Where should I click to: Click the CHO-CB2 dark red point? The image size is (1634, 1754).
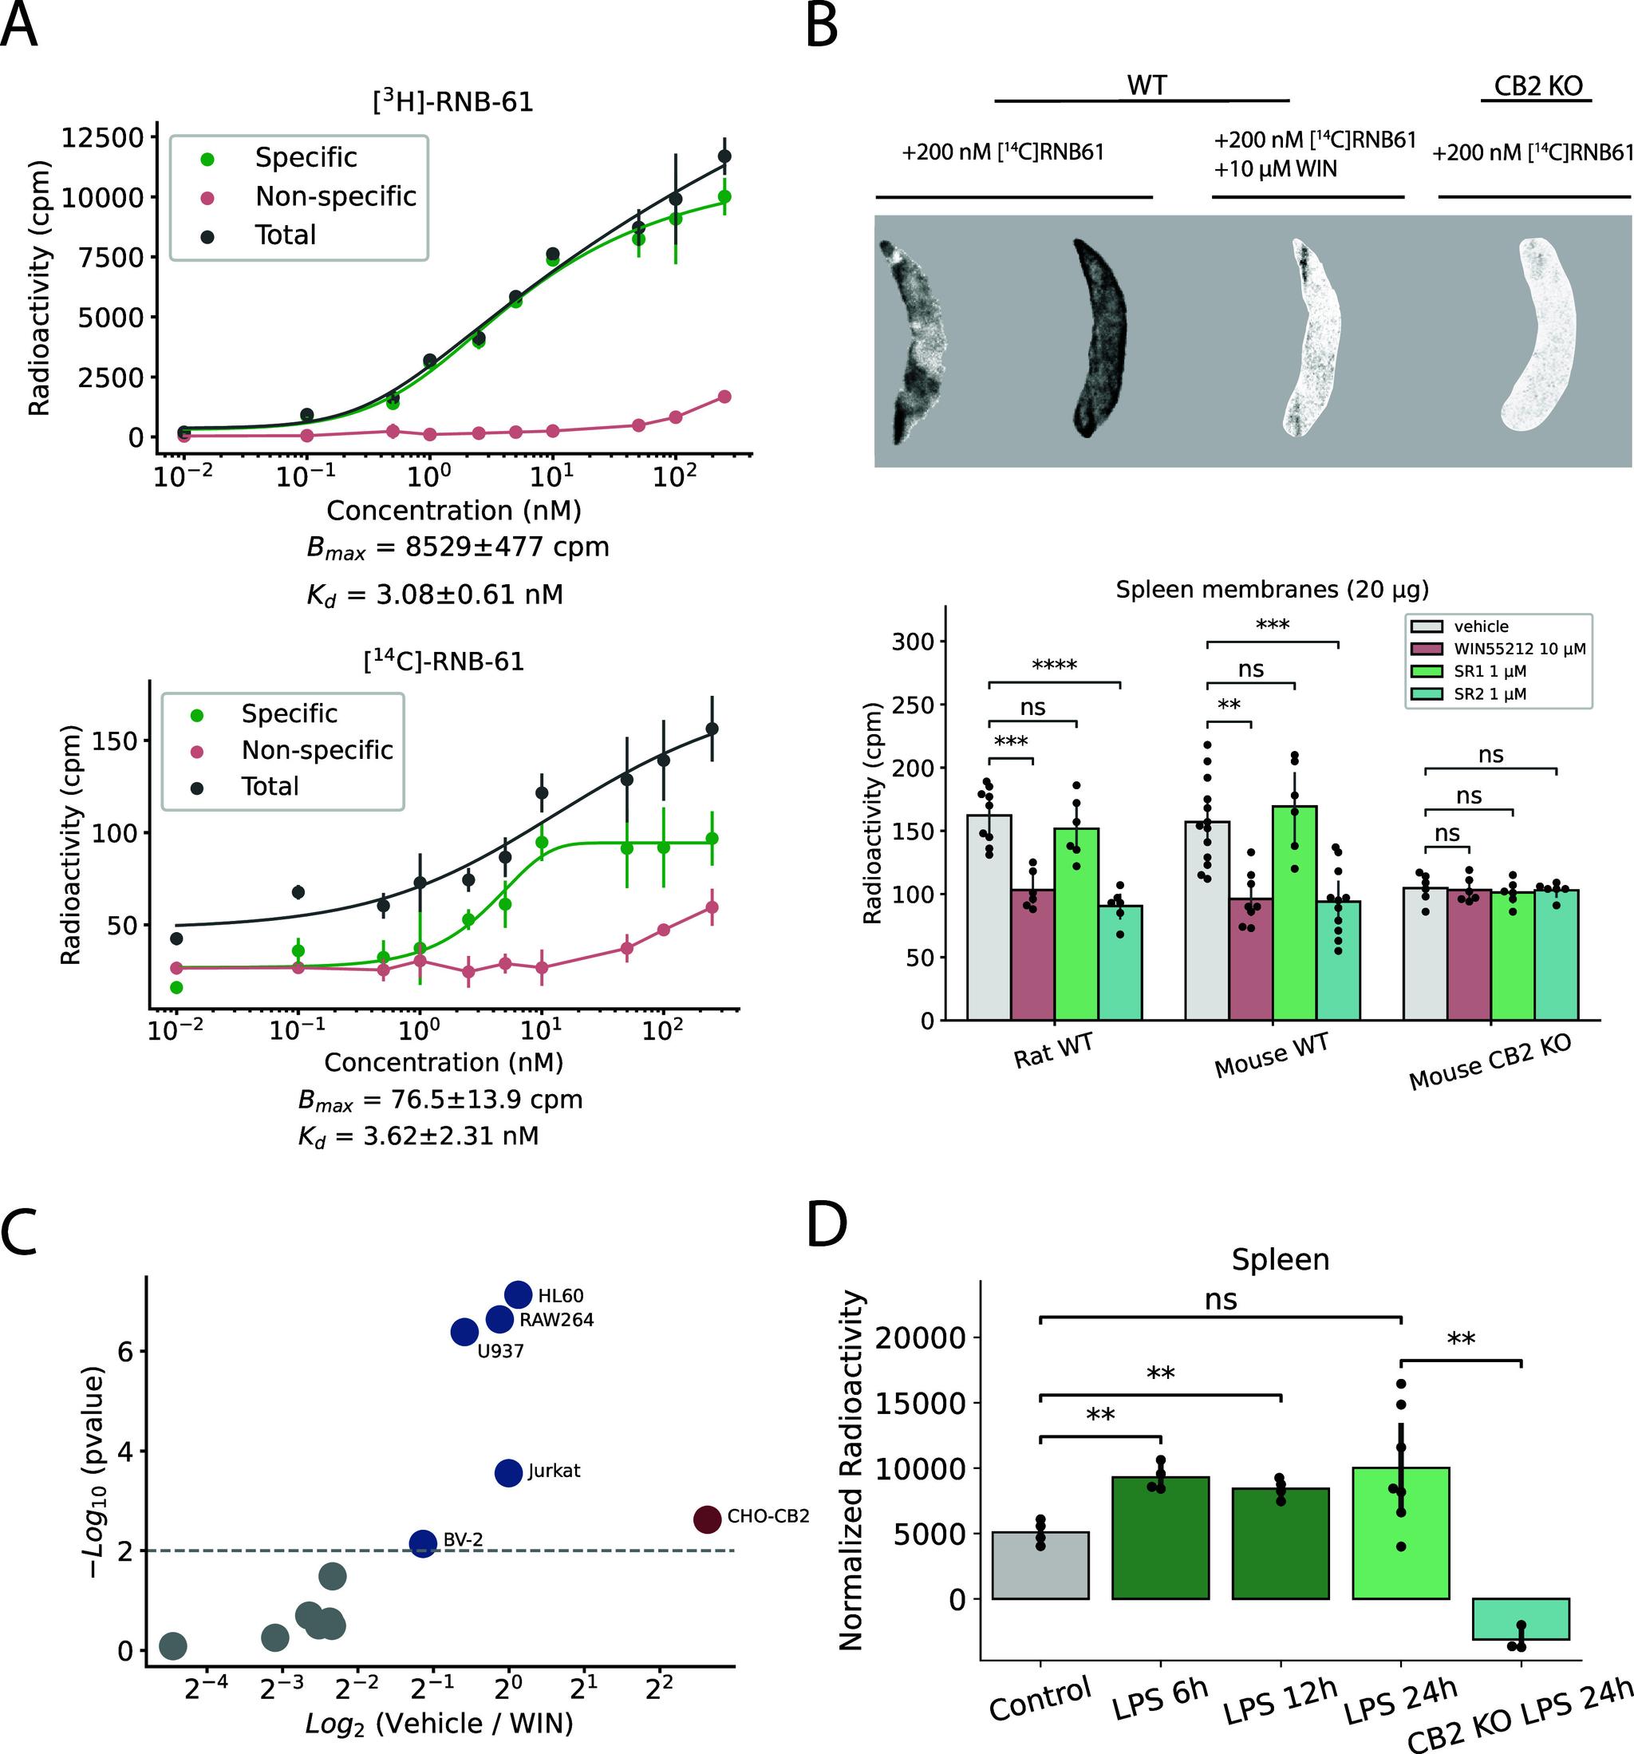[707, 1519]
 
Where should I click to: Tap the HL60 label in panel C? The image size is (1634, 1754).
[560, 1296]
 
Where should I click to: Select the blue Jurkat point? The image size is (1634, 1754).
[509, 1472]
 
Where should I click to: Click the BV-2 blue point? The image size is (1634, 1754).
[424, 1543]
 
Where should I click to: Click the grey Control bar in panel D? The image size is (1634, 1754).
[1040, 1565]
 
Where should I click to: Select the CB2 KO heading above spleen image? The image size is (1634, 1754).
[1537, 85]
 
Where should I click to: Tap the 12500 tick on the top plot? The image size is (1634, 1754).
[99, 137]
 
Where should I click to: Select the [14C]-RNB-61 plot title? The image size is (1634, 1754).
[444, 661]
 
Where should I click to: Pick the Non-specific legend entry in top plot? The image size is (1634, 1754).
[334, 196]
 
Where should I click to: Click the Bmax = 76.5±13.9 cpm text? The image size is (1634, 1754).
[440, 1100]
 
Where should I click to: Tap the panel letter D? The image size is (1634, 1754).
[827, 1226]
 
